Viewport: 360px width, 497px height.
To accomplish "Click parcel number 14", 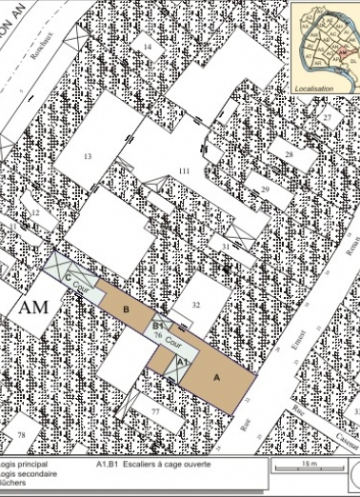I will pos(148,47).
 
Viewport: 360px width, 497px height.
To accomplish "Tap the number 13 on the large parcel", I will pos(87,154).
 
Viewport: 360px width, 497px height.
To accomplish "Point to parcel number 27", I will pos(327,117).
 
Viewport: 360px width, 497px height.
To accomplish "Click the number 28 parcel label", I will pos(288,154).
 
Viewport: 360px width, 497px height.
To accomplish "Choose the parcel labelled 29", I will pos(266,190).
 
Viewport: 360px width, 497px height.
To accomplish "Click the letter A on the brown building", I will pos(216,377).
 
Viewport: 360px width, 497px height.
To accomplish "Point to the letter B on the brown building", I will pos(125,308).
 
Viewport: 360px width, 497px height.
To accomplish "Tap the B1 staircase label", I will pos(159,326).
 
